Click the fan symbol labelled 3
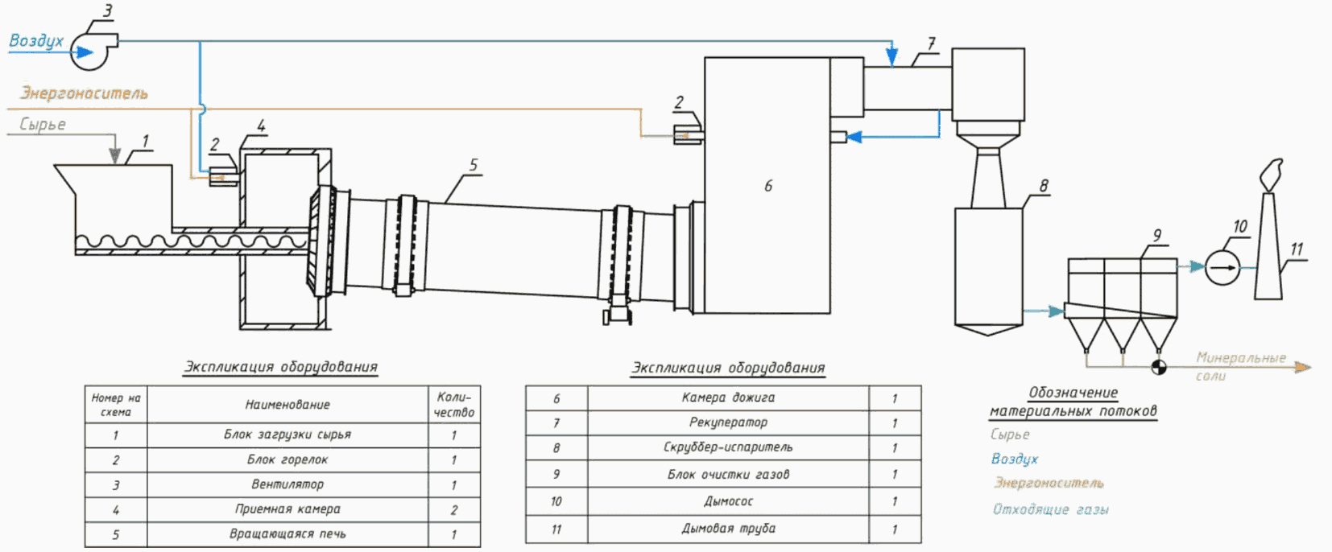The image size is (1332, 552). click(91, 51)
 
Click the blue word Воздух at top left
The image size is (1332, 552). click(36, 40)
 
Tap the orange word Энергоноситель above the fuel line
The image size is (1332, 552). click(84, 93)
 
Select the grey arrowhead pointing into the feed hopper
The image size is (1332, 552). click(115, 155)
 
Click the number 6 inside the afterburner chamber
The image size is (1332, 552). click(768, 186)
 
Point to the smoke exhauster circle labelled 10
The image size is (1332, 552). click(1222, 268)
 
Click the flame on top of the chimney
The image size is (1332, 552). click(1271, 175)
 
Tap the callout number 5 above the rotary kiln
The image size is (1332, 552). click(474, 165)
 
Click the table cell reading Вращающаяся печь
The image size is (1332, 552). click(287, 534)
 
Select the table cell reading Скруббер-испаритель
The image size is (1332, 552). click(729, 447)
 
